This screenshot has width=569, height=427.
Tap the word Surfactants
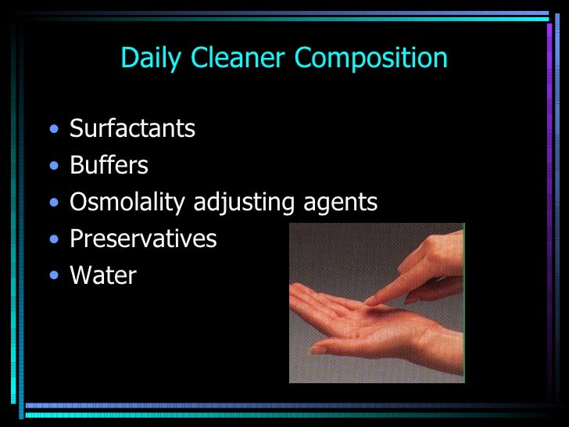pos(132,128)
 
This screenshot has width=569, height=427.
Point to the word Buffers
pos(109,165)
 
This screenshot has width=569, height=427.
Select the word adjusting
pos(244,203)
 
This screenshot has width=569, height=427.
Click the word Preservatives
pos(143,239)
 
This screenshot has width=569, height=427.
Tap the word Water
pos(102,276)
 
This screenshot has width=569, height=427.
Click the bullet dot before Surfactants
pos(52,129)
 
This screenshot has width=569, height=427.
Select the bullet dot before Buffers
pos(52,166)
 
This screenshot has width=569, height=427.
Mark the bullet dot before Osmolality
pos(52,203)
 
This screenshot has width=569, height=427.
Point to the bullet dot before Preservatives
pos(52,239)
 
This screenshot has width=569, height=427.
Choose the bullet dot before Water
pos(52,276)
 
